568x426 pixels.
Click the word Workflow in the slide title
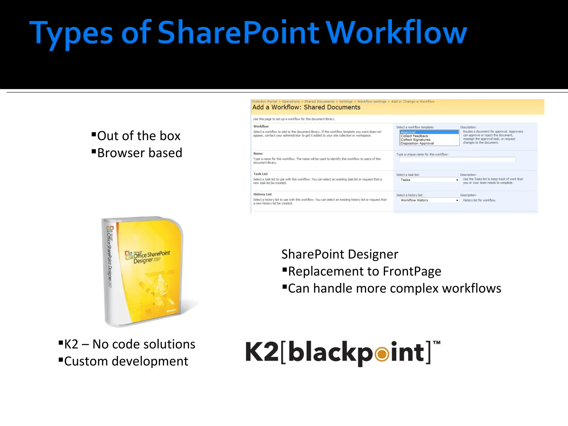tap(397, 33)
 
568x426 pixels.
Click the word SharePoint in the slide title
tap(239, 33)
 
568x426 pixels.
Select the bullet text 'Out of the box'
tap(139, 136)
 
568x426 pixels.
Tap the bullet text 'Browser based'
tap(140, 153)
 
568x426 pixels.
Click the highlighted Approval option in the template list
tap(429, 132)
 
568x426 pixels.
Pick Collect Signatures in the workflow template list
tap(415, 140)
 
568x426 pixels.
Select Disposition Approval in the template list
tap(417, 143)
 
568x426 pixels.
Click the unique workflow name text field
tap(457, 159)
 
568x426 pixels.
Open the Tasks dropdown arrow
tap(457, 180)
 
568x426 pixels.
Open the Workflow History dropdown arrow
tap(457, 200)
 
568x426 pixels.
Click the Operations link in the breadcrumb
tap(291, 102)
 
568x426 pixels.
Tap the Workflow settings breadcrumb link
tap(372, 102)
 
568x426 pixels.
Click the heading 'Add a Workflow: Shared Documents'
tap(306, 107)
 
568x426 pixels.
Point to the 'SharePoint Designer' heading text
tap(340, 254)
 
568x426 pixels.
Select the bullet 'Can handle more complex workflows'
tap(394, 288)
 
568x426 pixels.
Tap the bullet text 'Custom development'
tap(126, 361)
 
